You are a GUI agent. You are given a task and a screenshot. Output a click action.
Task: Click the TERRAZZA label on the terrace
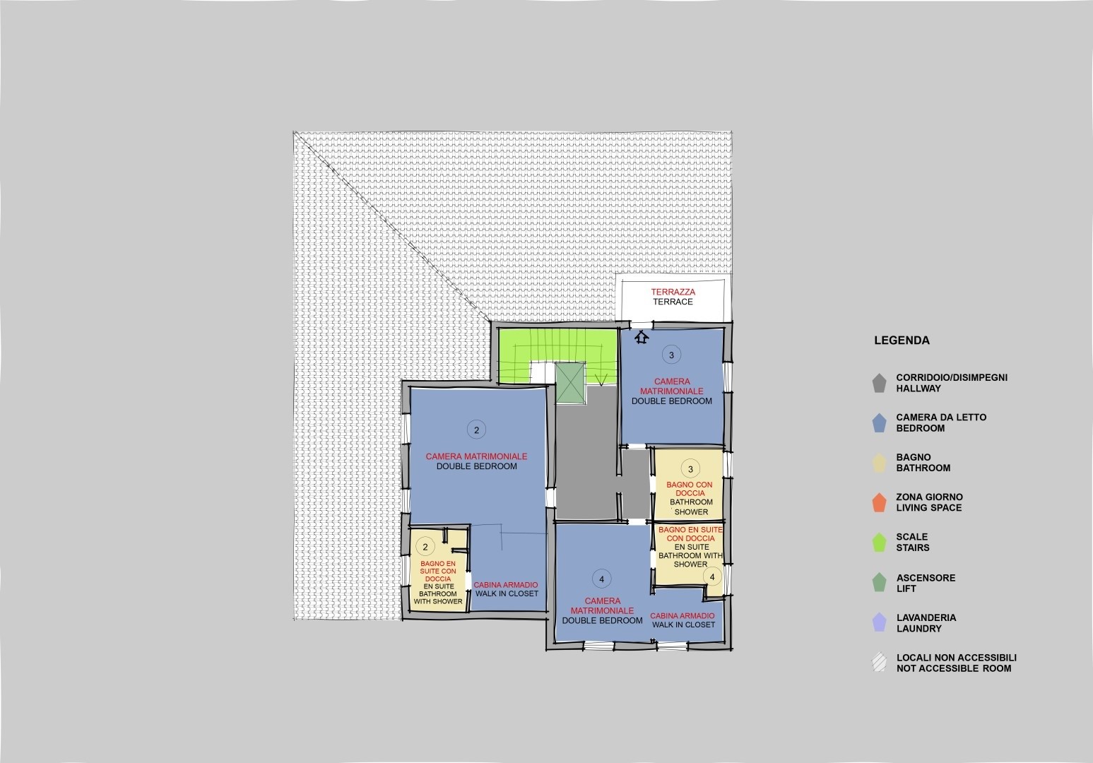coord(673,292)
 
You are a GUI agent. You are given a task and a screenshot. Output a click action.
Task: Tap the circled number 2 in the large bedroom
coord(476,430)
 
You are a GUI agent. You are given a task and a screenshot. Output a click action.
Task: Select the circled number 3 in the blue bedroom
coord(671,355)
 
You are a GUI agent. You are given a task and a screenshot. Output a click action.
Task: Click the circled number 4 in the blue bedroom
coord(602,579)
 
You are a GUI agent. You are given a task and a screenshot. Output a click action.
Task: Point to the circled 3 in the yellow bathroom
coord(690,469)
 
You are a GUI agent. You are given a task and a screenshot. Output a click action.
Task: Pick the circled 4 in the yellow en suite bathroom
coord(712,576)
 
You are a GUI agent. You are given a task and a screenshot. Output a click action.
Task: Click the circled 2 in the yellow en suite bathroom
coord(425,547)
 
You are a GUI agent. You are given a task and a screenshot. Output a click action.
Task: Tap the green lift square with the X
coord(570,383)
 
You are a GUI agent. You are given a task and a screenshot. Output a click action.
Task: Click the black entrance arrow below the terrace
coord(642,337)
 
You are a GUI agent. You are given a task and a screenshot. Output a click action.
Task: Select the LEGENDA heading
coord(902,341)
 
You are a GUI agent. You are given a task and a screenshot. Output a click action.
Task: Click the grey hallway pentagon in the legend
coord(879,383)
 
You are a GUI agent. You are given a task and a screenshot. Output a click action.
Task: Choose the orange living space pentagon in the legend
coord(879,502)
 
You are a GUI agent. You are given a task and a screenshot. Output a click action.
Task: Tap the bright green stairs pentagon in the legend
coord(879,543)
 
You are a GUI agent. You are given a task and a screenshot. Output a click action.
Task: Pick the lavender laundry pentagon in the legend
coord(879,622)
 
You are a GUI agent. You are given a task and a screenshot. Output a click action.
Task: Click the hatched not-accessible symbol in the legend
coord(879,663)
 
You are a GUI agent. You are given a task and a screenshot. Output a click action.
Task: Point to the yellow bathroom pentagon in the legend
coord(879,463)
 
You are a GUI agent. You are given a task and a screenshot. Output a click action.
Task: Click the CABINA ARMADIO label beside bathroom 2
coord(506,584)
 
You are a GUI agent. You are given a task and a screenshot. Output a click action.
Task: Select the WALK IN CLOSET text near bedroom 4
coord(684,625)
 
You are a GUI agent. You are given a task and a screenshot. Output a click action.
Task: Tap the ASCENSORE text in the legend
coord(926,578)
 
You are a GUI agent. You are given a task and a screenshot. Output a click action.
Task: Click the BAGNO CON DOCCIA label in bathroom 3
coord(690,489)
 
